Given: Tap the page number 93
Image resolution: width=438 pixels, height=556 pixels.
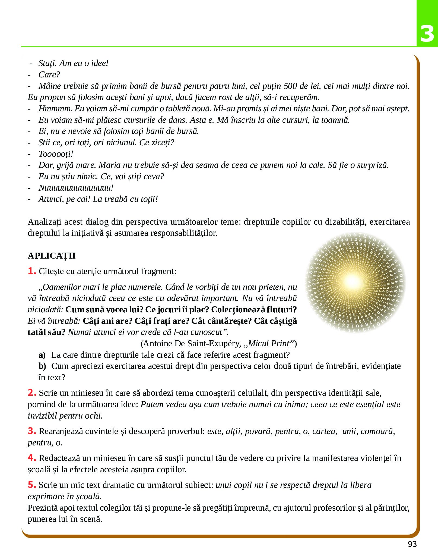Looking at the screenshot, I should [412, 544].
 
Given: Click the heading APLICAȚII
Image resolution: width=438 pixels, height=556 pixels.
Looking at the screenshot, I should [52, 256].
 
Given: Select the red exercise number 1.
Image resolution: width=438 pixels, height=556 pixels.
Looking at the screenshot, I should [31, 271].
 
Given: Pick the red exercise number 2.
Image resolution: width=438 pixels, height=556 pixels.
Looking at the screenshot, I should [31, 392].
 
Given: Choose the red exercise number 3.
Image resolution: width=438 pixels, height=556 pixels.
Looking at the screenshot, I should [31, 431].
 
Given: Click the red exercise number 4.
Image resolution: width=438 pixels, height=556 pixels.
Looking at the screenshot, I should [31, 458].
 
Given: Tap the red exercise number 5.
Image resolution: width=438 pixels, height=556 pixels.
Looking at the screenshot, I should [31, 485].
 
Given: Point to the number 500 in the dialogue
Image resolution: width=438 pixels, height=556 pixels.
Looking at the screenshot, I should [291, 86].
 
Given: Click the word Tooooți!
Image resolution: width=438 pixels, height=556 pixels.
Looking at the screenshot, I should [56, 154].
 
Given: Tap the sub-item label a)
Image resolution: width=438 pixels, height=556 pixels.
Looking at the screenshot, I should [42, 355].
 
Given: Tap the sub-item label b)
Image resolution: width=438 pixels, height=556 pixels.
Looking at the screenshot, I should [42, 366].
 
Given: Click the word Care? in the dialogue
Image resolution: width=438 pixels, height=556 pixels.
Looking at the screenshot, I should [49, 74].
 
